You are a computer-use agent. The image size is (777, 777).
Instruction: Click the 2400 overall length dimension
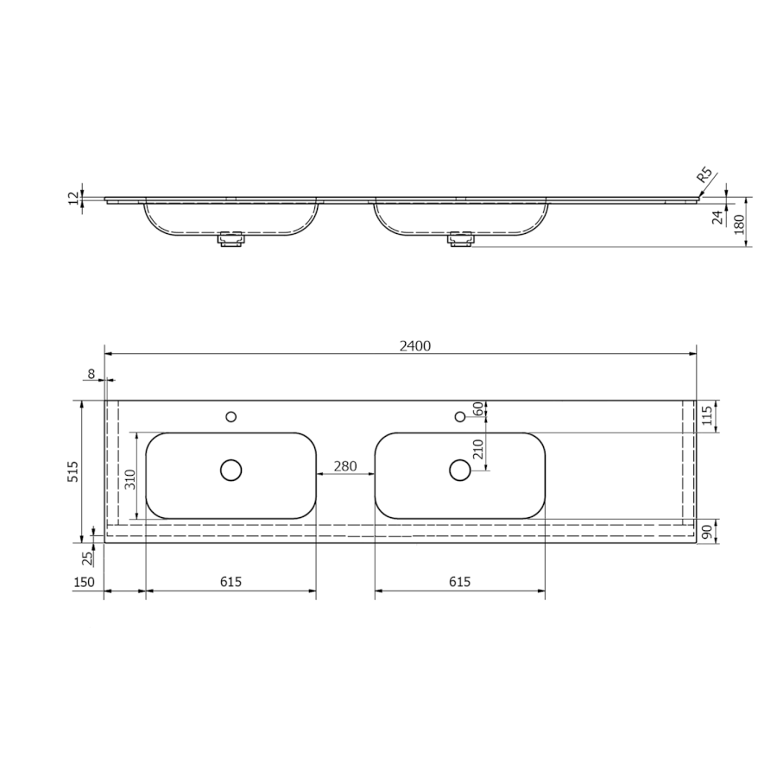[415, 346]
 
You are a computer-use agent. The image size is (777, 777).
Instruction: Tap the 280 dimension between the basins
[344, 466]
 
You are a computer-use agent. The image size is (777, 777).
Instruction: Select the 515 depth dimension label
[73, 471]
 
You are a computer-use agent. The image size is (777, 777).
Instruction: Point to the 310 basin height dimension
[130, 479]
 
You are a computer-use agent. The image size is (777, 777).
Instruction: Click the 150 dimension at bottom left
[84, 582]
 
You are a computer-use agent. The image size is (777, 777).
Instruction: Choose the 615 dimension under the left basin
[231, 582]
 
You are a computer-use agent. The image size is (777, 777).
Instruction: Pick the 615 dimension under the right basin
[460, 582]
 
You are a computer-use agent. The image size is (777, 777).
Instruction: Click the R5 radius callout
[704, 176]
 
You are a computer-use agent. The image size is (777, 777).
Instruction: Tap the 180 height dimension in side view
[739, 224]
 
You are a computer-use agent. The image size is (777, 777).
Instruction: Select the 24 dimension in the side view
[718, 217]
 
